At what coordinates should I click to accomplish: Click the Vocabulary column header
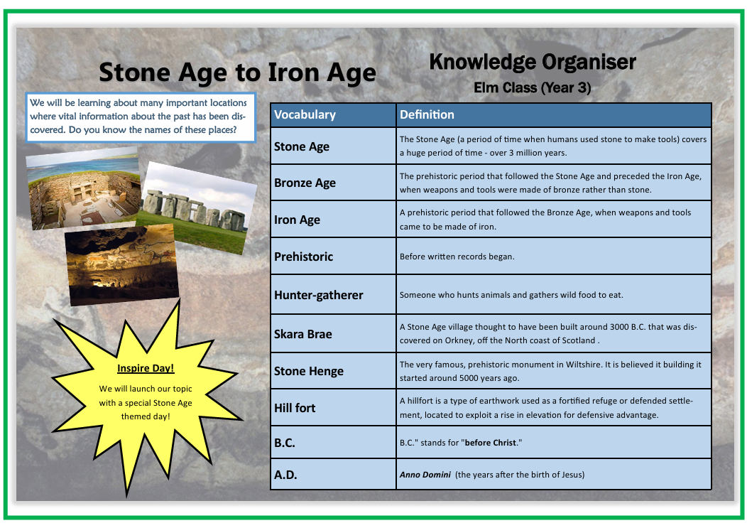333,115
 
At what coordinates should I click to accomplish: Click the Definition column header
554,115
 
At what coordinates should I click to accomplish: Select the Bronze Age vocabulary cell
333,183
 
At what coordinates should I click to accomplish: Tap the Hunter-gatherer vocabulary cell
333,295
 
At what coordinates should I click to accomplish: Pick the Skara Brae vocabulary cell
333,334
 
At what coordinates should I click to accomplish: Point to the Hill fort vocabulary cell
333,408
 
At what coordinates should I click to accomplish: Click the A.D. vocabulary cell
333,475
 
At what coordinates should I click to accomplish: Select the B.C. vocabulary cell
333,443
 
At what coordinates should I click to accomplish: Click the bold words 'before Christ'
491,443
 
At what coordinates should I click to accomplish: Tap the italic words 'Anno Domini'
425,475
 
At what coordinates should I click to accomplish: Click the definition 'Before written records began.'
457,257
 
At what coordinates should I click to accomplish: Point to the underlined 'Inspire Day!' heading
146,368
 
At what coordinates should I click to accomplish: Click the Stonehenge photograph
196,208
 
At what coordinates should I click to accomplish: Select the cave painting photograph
122,265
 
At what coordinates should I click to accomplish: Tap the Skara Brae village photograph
84,188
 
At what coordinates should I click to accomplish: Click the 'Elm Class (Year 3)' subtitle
532,87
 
